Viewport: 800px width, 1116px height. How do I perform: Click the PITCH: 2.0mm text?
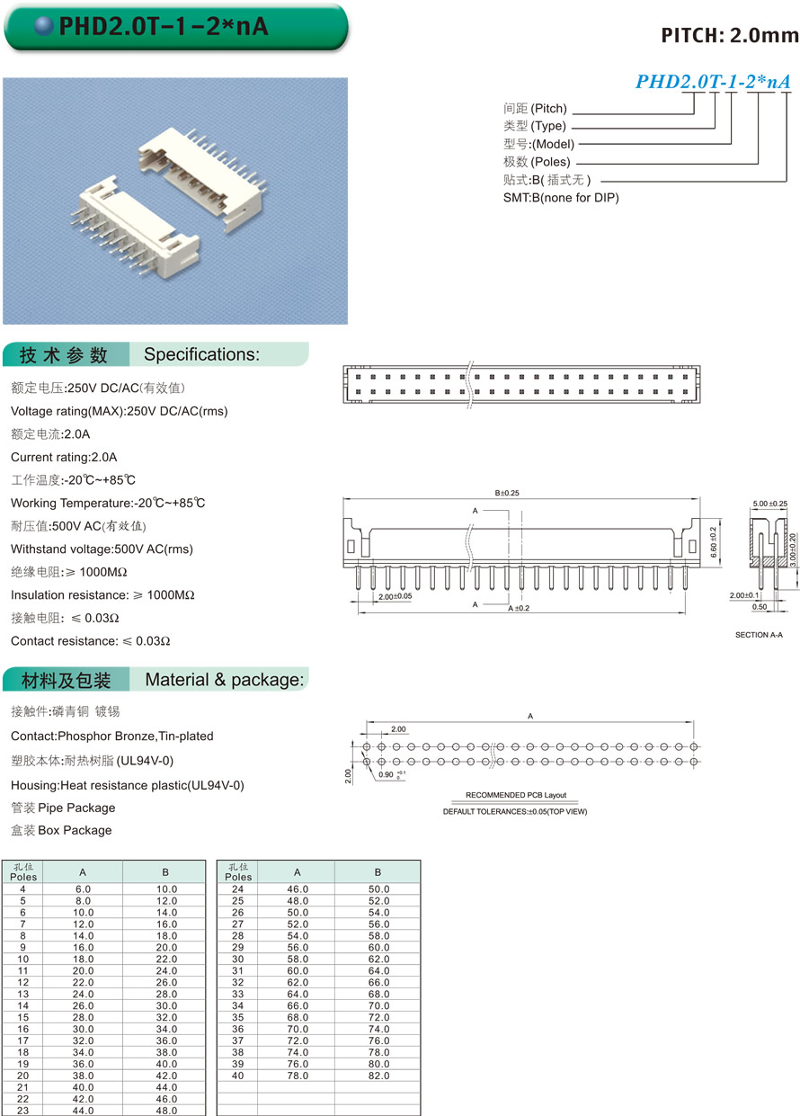(x=729, y=36)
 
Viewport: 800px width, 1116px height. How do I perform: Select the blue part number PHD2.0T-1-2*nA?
(x=713, y=82)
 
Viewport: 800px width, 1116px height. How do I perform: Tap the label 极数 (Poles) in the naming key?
(x=537, y=162)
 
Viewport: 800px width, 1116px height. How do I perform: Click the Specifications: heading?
(x=201, y=354)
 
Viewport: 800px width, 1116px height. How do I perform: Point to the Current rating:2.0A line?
(x=64, y=457)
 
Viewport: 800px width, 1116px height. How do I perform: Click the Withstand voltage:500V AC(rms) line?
(x=102, y=549)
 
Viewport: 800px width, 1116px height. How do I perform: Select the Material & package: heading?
(x=225, y=680)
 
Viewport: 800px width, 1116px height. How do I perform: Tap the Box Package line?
(x=61, y=830)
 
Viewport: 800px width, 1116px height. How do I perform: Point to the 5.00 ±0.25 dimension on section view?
(x=769, y=504)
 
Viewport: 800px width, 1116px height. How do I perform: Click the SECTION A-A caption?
(x=760, y=635)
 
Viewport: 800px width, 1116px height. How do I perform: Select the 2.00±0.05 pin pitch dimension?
(x=395, y=597)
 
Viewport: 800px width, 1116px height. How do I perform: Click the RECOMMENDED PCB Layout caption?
(x=516, y=795)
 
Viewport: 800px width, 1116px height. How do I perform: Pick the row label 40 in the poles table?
(x=238, y=1076)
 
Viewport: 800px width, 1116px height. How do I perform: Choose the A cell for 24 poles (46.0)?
(x=298, y=888)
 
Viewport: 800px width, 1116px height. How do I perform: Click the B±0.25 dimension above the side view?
(x=507, y=494)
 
